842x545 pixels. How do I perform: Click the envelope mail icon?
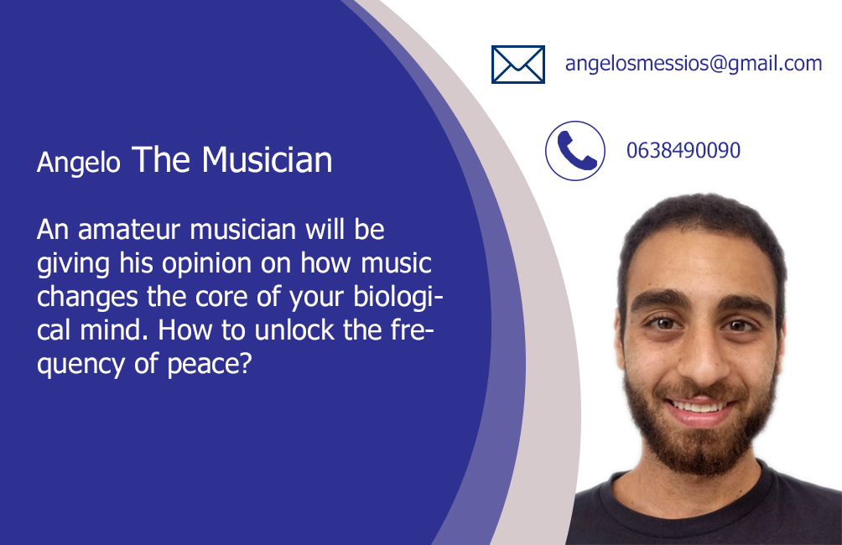[x=518, y=65]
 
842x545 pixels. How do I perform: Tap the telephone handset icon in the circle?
[x=575, y=151]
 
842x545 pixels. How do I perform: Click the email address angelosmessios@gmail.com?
[x=694, y=64]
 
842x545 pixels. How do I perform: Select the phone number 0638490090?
[x=683, y=150]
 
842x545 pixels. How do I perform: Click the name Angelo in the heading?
[x=78, y=163]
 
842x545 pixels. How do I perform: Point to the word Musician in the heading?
[x=267, y=159]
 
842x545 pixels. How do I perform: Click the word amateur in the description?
[x=129, y=230]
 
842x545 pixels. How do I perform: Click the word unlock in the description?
[x=294, y=330]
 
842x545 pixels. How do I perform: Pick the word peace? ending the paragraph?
[x=210, y=365]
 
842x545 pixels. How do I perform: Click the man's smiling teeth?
[x=698, y=407]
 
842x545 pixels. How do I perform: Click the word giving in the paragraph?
[x=73, y=264]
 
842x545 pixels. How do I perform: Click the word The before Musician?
[x=160, y=159]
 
